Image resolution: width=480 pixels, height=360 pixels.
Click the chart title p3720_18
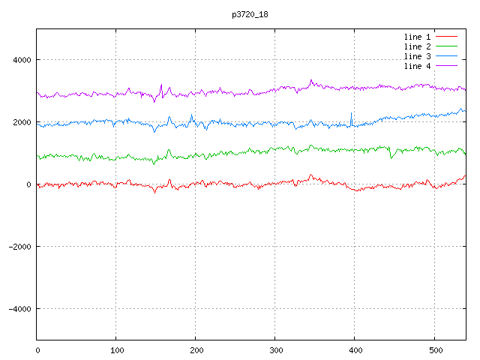[x=250, y=14]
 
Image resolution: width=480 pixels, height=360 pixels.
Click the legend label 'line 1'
[x=417, y=37]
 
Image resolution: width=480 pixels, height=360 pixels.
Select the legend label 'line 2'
[x=417, y=46]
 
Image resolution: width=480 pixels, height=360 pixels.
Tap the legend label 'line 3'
[x=417, y=56]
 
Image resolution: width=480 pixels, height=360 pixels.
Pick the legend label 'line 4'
[x=417, y=66]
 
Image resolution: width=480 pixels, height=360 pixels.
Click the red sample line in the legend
[x=446, y=37]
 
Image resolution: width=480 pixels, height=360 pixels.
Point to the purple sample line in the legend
[x=446, y=66]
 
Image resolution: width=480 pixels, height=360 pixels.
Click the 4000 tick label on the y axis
[x=22, y=60]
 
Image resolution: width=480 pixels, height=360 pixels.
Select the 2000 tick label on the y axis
[x=22, y=122]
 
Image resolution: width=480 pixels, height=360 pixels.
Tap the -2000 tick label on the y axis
[x=20, y=247]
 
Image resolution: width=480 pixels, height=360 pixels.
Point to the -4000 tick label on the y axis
[x=20, y=309]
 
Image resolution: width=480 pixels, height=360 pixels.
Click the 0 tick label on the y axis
[x=28, y=184]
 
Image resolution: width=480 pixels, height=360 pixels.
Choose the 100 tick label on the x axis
[x=117, y=350]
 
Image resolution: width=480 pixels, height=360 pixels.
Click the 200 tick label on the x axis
[x=196, y=350]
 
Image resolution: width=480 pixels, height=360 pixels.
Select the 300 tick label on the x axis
[x=276, y=350]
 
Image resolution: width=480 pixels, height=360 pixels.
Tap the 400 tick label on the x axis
[x=355, y=350]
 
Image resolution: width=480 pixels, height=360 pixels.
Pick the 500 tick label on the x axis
[x=436, y=350]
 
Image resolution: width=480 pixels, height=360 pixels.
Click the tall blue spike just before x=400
[x=352, y=114]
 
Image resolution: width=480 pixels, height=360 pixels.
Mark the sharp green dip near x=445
[x=391, y=157]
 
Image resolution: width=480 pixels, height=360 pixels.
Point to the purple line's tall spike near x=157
[x=161, y=85]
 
